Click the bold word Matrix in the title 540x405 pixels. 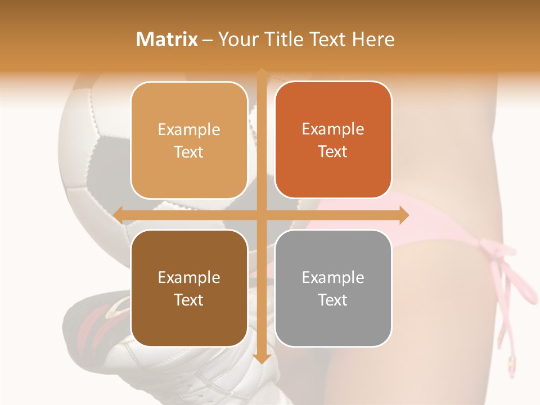[x=167, y=39]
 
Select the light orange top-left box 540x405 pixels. [x=189, y=140]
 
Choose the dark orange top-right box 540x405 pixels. [x=333, y=140]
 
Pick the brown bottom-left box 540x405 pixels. [x=189, y=288]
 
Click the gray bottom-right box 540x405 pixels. [x=333, y=288]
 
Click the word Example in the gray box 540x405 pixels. [x=333, y=277]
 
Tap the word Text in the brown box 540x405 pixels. [x=189, y=300]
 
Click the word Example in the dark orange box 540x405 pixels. [x=333, y=129]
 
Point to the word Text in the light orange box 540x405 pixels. [x=189, y=152]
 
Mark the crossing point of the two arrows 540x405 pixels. [x=262, y=215]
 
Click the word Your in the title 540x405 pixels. [x=231, y=39]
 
